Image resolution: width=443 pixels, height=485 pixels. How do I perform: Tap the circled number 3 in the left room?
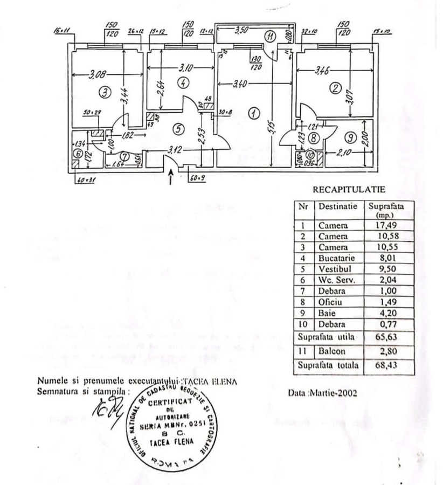[107, 93]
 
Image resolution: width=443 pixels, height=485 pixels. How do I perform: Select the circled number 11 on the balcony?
[270, 37]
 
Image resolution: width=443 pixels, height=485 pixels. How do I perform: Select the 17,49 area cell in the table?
[387, 225]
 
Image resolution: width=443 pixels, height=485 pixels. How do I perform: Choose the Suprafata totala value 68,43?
[387, 365]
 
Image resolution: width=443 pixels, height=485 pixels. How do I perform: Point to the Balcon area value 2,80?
[387, 350]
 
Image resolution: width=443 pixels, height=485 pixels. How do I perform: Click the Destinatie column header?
[338, 206]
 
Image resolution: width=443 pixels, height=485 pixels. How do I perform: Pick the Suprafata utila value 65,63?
[387, 336]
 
